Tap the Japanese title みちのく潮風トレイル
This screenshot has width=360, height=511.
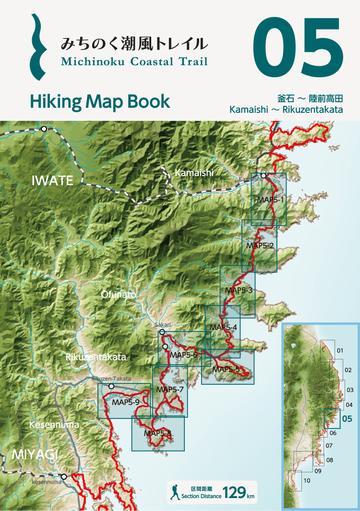[134, 44]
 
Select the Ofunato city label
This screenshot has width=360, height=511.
[117, 294]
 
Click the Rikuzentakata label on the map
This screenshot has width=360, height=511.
[95, 357]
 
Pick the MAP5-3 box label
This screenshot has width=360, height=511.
[240, 290]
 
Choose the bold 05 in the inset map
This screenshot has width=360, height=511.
[347, 420]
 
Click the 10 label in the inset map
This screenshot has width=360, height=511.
[308, 481]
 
